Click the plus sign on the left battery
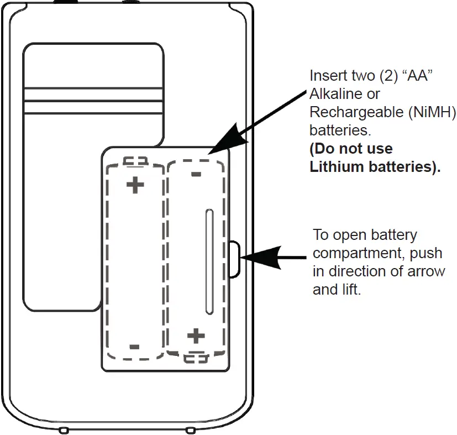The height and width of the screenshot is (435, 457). [135, 185]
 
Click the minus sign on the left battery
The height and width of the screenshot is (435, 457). [134, 347]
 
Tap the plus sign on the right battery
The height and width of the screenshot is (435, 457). [196, 335]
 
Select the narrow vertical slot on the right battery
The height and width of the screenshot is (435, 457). [208, 262]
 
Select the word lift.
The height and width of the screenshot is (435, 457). [350, 290]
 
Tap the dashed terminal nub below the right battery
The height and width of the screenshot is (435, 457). [196, 358]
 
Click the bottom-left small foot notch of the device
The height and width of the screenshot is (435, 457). [64, 429]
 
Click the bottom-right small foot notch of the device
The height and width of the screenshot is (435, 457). [190, 429]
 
